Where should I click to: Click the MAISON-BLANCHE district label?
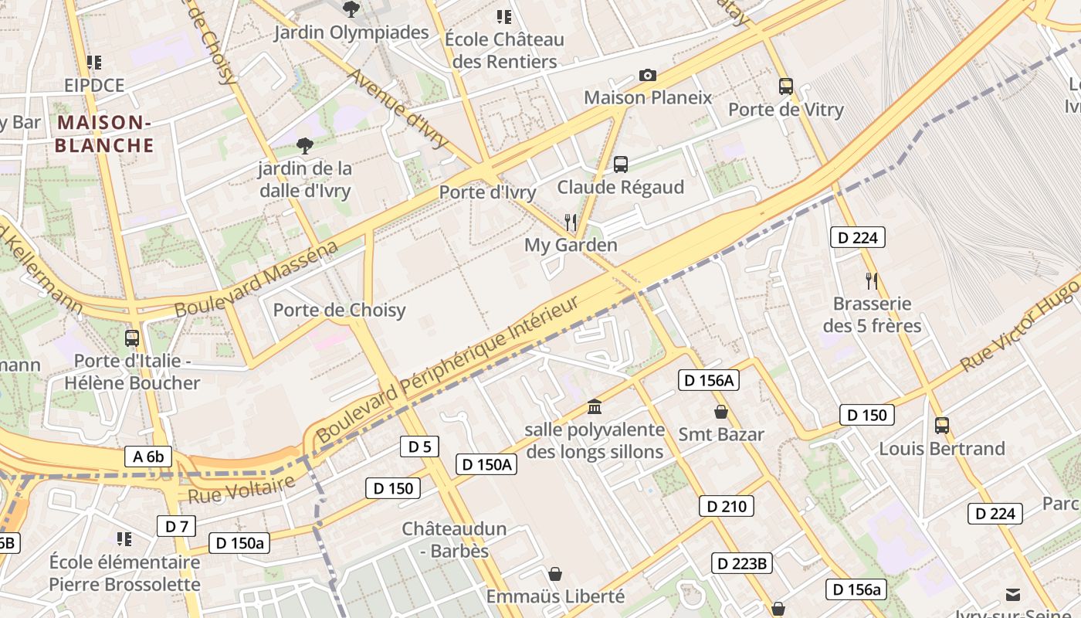click(104, 134)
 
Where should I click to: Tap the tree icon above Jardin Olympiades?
click(351, 9)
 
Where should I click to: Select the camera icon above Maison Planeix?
click(648, 75)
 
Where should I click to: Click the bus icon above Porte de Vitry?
click(786, 87)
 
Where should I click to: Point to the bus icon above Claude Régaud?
click(621, 164)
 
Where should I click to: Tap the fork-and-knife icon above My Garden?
click(571, 222)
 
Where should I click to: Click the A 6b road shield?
click(148, 457)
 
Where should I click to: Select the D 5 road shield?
click(420, 446)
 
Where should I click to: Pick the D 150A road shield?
click(486, 463)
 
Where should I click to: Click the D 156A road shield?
click(709, 379)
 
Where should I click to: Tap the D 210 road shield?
click(726, 506)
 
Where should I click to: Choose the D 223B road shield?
click(741, 563)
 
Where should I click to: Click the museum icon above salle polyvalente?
click(595, 406)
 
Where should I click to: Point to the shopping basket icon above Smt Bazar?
click(721, 411)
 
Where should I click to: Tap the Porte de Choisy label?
click(339, 310)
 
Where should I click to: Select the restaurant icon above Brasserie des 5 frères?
click(872, 280)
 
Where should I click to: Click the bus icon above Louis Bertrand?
click(942, 425)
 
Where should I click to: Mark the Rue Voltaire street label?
click(242, 490)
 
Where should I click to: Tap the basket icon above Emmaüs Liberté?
click(554, 574)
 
